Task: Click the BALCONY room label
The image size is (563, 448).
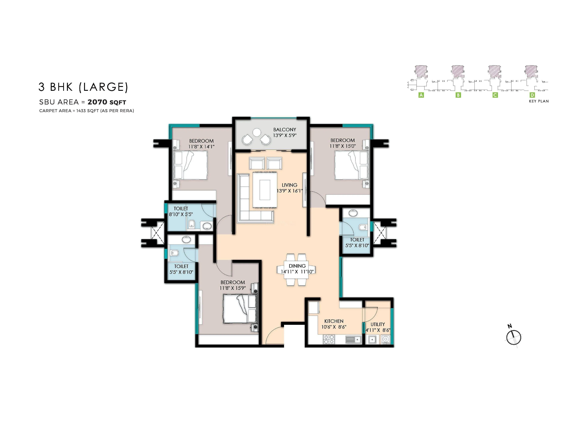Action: click(x=284, y=129)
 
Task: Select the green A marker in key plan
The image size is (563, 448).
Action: click(x=421, y=95)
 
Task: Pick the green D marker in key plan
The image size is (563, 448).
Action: click(x=532, y=95)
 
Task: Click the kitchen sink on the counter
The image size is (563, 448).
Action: click(x=353, y=339)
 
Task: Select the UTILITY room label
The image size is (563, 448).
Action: click(x=378, y=324)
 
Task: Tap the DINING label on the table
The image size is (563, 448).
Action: click(x=297, y=266)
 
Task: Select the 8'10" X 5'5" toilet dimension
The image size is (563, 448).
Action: click(x=181, y=214)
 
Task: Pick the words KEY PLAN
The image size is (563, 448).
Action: click(x=538, y=101)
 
